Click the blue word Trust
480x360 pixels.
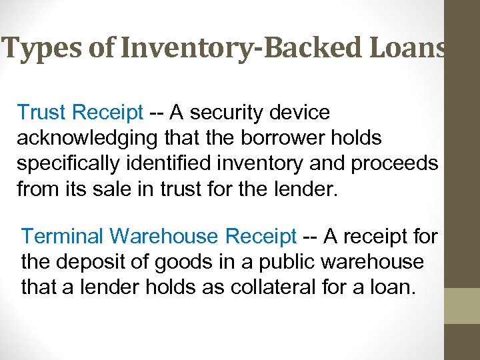[x=43, y=113]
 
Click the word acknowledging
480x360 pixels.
[x=91, y=139]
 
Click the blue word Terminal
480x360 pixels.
[x=63, y=236]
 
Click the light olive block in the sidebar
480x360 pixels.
[x=462, y=305]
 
